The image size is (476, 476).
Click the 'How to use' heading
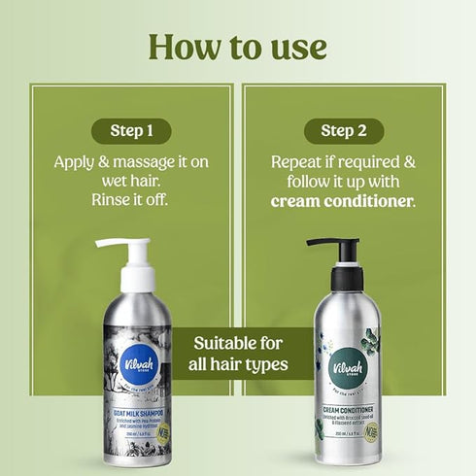(238, 45)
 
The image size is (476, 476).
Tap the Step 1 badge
(131, 131)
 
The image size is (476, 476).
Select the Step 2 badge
(344, 131)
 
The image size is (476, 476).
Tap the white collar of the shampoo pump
(137, 279)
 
